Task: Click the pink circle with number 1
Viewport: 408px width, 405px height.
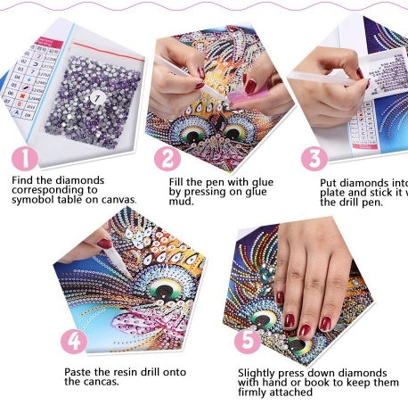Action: [x=25, y=159]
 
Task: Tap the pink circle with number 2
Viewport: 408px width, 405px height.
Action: [x=167, y=159]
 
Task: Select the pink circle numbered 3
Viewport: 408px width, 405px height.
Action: [x=314, y=159]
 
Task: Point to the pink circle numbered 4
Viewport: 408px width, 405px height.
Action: [x=75, y=342]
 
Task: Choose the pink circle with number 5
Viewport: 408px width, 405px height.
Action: [x=248, y=341]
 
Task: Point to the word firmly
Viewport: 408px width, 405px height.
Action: [x=257, y=392]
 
